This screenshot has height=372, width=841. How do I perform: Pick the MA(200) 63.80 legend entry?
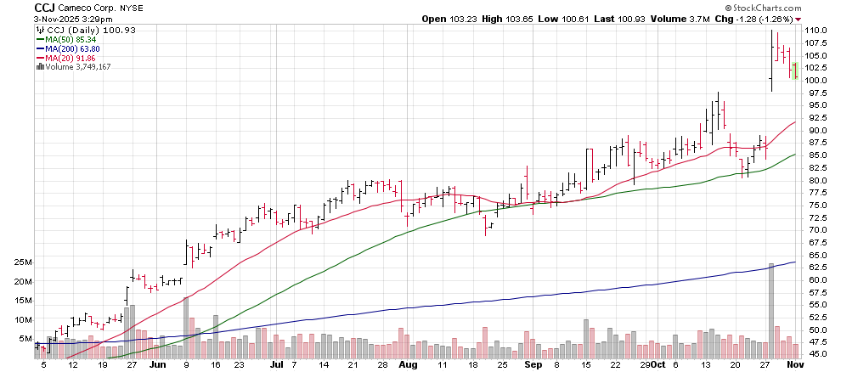point(69,48)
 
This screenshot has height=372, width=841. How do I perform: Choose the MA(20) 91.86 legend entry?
point(66,58)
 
